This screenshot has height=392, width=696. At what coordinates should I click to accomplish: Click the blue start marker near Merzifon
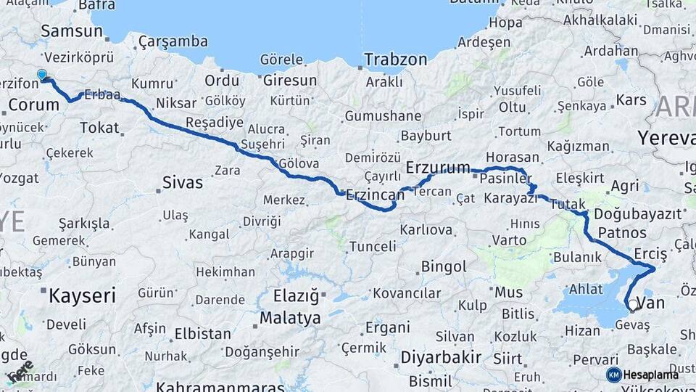click(42, 74)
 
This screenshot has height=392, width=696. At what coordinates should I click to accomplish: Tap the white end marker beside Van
click(633, 305)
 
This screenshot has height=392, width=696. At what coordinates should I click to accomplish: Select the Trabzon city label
click(395, 60)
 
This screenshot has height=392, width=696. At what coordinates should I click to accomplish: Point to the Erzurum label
click(438, 168)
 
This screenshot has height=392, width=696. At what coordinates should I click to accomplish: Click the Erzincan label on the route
click(375, 195)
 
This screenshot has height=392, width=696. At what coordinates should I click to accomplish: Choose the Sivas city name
click(183, 182)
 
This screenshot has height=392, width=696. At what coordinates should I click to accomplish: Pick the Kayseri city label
click(82, 295)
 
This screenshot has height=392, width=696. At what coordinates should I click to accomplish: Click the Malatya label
click(290, 318)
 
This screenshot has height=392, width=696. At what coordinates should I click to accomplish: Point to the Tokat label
click(99, 128)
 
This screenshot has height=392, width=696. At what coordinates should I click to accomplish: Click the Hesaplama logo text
click(651, 375)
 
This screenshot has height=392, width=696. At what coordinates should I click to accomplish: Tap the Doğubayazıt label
click(638, 214)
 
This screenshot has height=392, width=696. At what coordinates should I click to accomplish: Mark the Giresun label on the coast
click(290, 80)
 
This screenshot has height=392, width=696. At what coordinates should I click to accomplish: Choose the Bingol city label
click(444, 267)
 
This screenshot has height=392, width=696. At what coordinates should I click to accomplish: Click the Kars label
click(631, 99)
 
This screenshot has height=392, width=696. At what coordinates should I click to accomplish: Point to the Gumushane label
click(383, 116)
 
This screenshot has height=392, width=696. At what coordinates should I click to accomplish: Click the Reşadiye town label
click(212, 121)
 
